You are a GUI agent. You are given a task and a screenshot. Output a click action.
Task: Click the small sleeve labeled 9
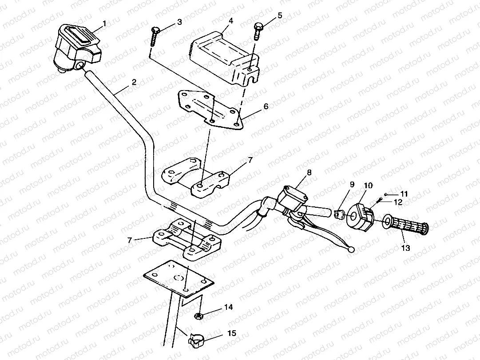click(x=339, y=214)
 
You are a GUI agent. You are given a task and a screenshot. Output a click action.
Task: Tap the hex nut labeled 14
click(x=199, y=316)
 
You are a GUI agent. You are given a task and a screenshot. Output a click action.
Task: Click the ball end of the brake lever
click(x=351, y=250)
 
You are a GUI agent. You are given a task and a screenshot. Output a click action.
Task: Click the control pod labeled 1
click(x=75, y=47)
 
